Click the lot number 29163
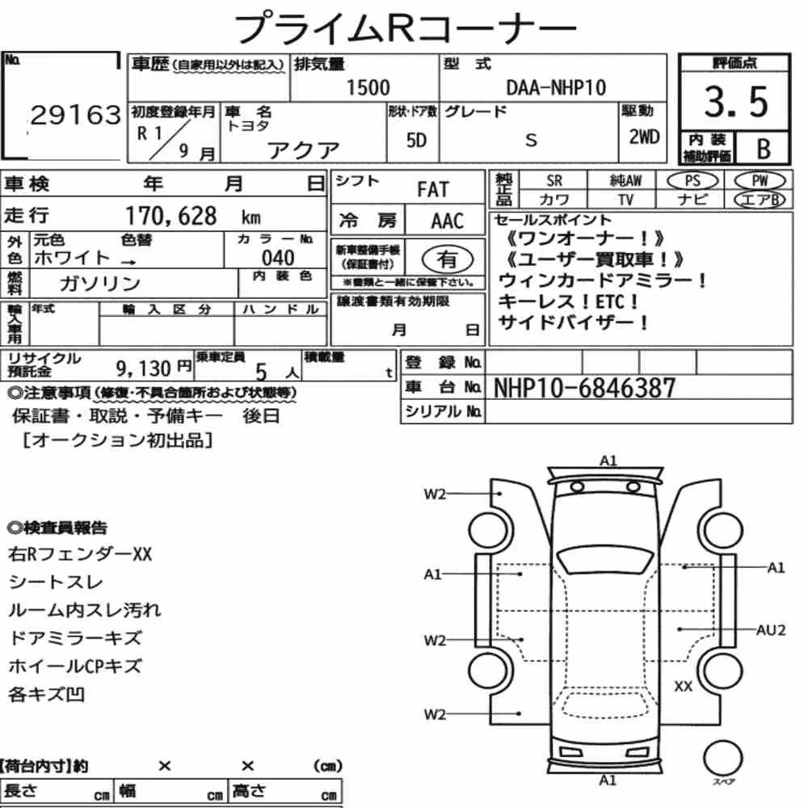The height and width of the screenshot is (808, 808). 76,115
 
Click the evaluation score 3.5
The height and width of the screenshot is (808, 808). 736,102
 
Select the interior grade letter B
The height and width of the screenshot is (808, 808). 764,149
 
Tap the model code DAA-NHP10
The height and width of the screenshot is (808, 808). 556,87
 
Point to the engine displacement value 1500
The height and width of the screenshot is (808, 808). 368,87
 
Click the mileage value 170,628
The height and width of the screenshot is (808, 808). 171,216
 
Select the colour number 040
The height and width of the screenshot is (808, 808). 278,257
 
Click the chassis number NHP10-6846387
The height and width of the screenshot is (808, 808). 584,388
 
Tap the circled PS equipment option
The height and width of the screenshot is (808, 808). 692,181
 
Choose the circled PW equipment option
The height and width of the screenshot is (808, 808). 760,181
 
